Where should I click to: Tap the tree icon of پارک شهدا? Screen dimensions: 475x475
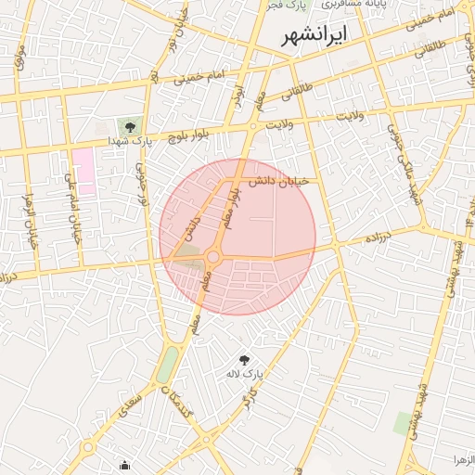(x=128, y=127)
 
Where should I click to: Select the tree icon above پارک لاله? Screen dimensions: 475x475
(x=244, y=360)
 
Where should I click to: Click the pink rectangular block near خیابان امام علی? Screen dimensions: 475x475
(x=84, y=168)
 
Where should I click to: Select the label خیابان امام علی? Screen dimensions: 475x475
(x=72, y=208)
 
